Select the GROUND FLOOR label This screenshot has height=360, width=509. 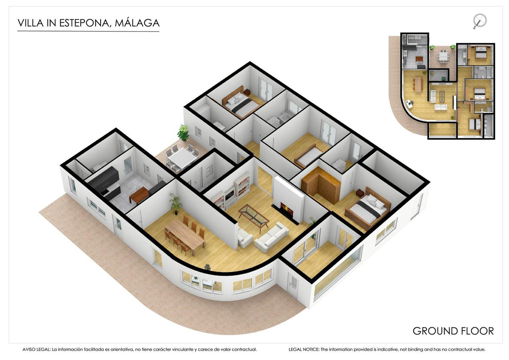(453, 331)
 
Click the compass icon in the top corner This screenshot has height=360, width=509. (480, 20)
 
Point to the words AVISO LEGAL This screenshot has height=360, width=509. (36, 349)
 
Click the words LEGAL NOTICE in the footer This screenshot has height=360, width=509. (304, 349)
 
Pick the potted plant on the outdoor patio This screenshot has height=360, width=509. (183, 132)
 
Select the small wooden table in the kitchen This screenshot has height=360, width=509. (139, 194)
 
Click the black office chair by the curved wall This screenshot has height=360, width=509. (207, 267)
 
